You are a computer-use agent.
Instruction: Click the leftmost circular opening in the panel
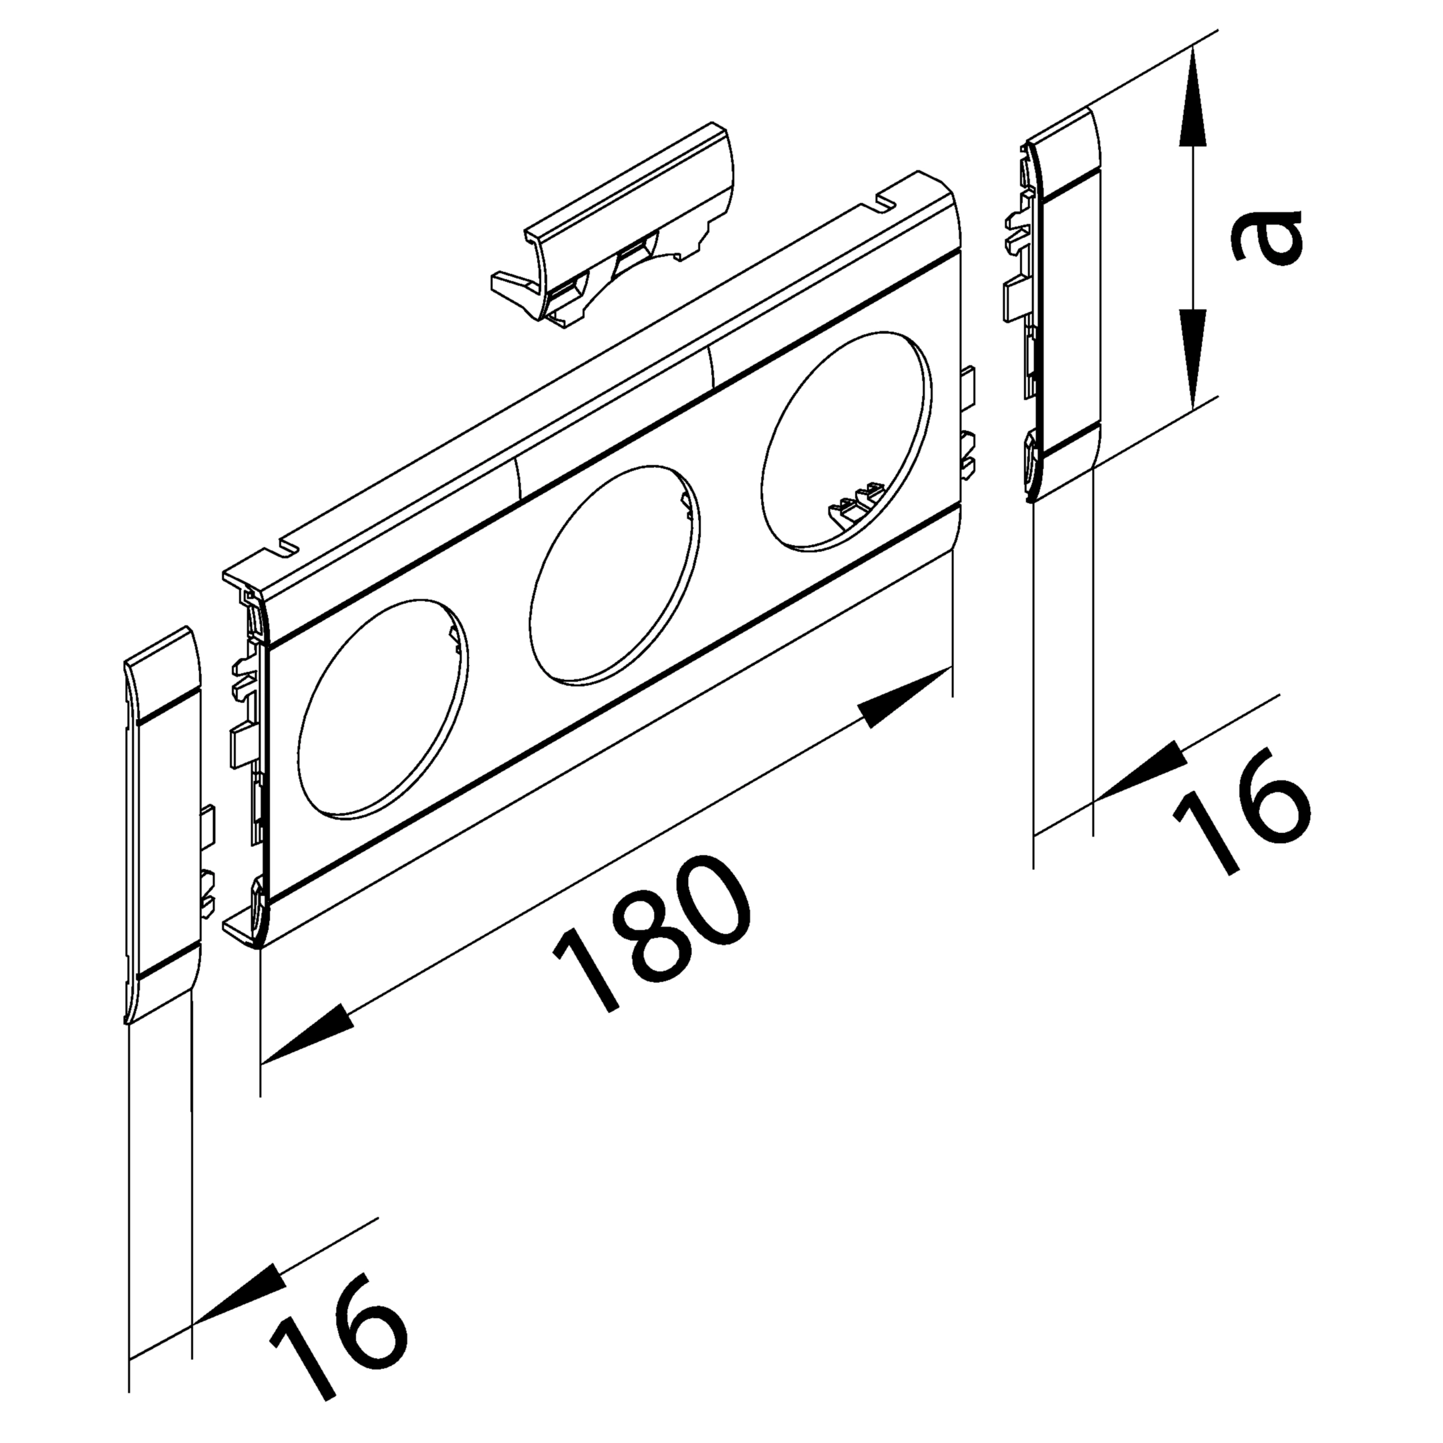(382, 707)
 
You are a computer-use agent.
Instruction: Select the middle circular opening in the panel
(614, 575)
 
